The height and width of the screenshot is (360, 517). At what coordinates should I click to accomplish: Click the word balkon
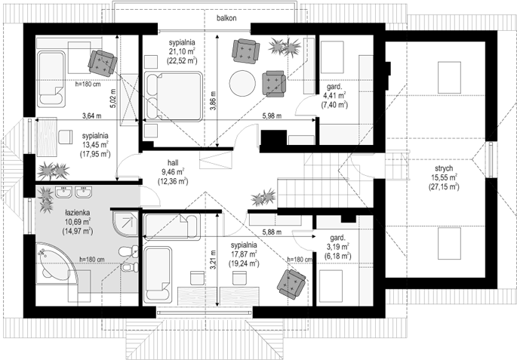click(x=226, y=18)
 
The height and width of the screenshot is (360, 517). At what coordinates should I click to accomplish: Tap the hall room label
click(x=173, y=163)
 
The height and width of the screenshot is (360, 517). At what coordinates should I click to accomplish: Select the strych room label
click(x=444, y=168)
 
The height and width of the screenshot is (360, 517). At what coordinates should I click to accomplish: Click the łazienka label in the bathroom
click(x=78, y=213)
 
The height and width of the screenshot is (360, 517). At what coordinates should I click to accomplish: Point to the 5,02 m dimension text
click(x=113, y=99)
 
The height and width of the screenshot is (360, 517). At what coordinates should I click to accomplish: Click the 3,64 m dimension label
click(x=91, y=115)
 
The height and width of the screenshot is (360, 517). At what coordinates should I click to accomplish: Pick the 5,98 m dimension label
click(x=272, y=115)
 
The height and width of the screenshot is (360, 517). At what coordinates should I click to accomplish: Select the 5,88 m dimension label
click(x=272, y=232)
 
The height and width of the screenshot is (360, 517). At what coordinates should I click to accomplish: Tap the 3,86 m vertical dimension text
click(x=213, y=100)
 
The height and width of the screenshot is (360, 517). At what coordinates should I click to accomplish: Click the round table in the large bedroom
click(x=242, y=83)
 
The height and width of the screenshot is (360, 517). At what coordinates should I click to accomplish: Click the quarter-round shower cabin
click(x=125, y=224)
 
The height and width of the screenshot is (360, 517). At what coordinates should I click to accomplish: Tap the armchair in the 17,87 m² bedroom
click(x=291, y=284)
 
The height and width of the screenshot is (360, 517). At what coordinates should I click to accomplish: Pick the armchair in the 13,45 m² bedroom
click(x=103, y=63)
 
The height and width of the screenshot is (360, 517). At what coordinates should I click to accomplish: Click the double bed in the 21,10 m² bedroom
click(x=173, y=97)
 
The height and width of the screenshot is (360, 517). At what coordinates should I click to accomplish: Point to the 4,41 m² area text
click(x=334, y=96)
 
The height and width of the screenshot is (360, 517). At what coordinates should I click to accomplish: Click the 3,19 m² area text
click(x=337, y=247)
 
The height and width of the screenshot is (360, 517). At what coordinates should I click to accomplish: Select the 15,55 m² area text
click(x=444, y=177)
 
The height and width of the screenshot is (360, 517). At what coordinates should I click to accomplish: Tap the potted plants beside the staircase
click(x=263, y=197)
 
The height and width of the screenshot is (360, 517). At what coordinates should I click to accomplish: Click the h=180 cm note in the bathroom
click(x=91, y=260)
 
